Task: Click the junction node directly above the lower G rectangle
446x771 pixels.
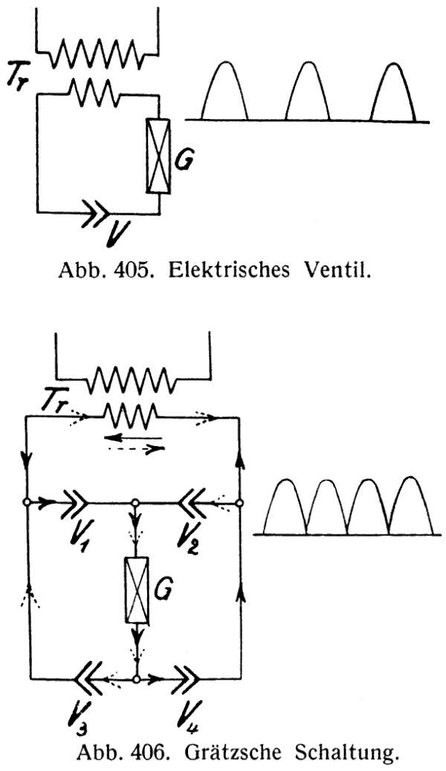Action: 135,503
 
